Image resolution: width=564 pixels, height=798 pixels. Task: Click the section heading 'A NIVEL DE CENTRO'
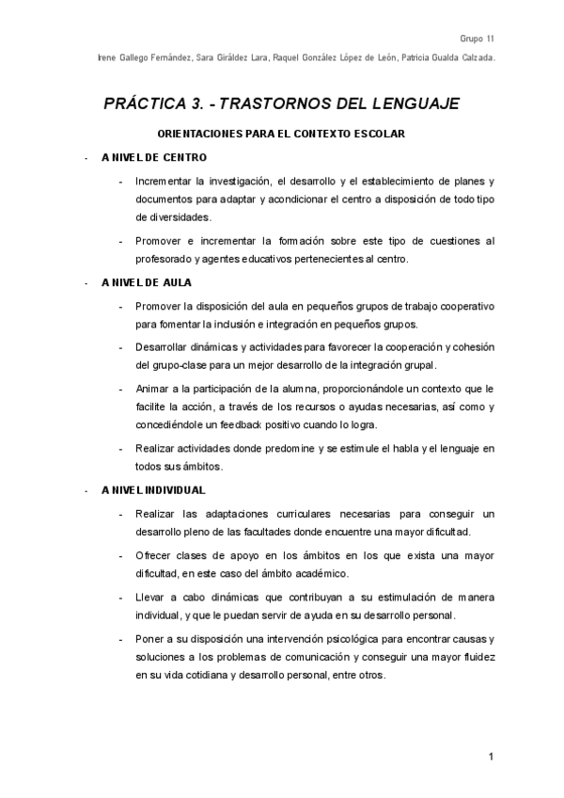(x=154, y=157)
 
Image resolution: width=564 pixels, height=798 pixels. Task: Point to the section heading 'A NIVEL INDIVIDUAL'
(x=154, y=490)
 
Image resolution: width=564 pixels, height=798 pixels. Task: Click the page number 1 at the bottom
(x=491, y=757)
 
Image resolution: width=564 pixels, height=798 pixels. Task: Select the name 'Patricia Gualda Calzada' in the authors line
(x=447, y=58)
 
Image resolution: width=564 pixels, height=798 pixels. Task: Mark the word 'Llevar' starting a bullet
(x=150, y=598)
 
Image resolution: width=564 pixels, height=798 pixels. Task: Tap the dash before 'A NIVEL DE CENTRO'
(x=86, y=158)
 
